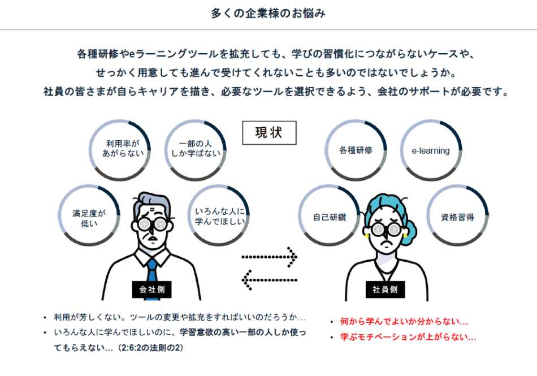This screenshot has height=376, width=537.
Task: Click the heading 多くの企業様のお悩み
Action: tap(268, 13)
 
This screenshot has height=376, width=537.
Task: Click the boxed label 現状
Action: tap(268, 133)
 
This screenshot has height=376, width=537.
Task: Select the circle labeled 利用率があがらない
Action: tap(120, 150)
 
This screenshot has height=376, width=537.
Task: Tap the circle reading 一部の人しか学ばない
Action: tap(196, 150)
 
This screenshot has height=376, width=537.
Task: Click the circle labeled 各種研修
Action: tap(356, 150)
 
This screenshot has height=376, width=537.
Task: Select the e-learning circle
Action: tap(431, 150)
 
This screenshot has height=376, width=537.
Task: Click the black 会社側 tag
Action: tap(151, 289)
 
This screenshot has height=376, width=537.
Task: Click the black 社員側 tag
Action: tap(384, 289)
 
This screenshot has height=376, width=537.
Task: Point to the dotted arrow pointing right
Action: tap(270, 257)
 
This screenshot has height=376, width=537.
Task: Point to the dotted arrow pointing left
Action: tap(270, 278)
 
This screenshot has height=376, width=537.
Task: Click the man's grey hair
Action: tap(152, 201)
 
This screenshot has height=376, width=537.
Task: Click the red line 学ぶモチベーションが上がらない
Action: tap(408, 337)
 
